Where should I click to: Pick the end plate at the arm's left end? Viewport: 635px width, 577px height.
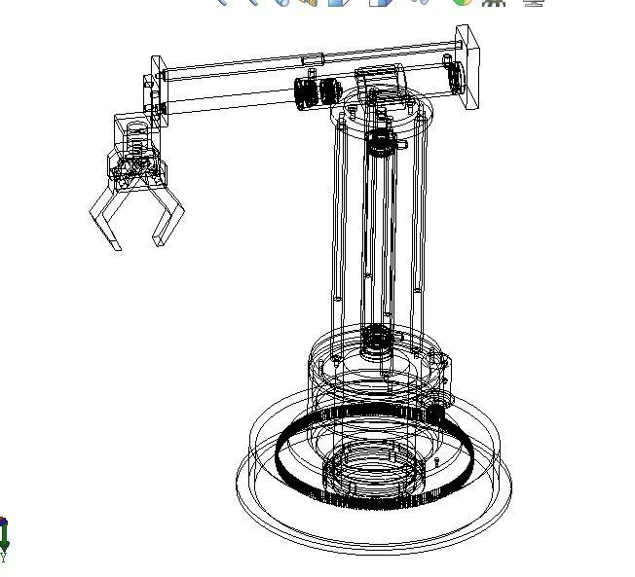156,89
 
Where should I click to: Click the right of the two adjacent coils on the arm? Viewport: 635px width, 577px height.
328,92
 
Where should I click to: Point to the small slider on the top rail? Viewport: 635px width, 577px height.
313,60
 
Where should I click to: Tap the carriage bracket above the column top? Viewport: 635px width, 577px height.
379,78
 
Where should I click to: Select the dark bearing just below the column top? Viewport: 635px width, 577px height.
380,143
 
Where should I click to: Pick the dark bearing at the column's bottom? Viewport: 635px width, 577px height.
376,340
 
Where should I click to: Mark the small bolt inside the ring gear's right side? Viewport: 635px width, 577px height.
437,460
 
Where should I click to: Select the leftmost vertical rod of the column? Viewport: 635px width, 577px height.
336,214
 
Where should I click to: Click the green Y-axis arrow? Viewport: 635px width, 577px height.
5,534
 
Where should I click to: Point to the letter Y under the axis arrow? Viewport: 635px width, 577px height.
3,558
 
